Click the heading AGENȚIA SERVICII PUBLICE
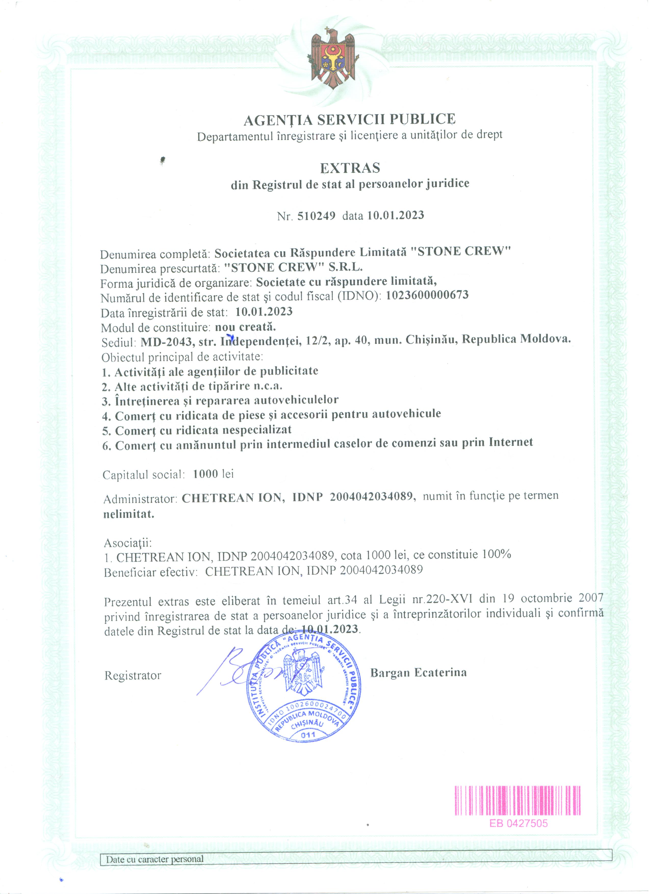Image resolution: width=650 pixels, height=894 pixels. pyautogui.click(x=349, y=119)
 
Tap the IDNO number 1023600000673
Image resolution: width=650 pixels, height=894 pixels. pyautogui.click(x=427, y=295)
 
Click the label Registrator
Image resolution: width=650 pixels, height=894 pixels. pyautogui.click(x=133, y=676)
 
